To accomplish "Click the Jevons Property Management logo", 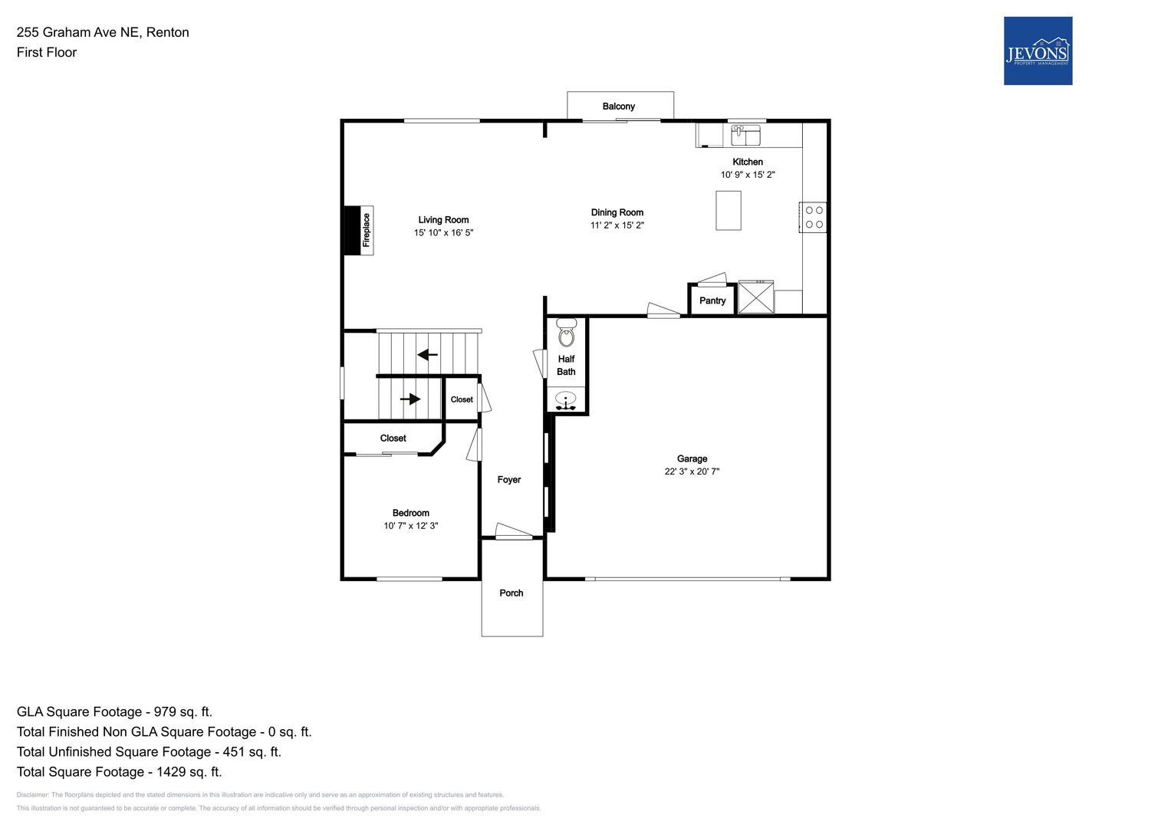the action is coord(1038,51).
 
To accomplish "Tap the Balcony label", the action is coord(618,106).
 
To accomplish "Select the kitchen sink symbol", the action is coord(745,135).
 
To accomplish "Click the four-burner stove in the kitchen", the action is coord(813,218).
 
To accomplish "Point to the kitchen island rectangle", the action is coord(729,210).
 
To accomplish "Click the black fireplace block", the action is coord(352,231).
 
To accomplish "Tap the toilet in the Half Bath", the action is coord(566,333).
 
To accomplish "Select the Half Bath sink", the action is coord(566,402).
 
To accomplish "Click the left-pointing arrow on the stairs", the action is coord(427,355).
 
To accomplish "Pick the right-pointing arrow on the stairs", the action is coord(410,399).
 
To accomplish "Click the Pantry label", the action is coord(712,301).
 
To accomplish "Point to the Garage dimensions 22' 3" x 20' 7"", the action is coord(692,472).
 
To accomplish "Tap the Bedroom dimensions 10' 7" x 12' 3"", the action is coord(410,526).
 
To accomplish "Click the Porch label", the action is coord(511,593).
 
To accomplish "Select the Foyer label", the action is coord(508,480).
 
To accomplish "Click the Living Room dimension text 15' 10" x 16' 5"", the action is coord(443,232).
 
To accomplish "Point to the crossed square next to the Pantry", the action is coord(756,297).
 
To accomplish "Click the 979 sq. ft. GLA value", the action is coord(183,712).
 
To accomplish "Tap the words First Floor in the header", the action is coord(47,52).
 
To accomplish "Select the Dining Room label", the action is coord(617,212).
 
